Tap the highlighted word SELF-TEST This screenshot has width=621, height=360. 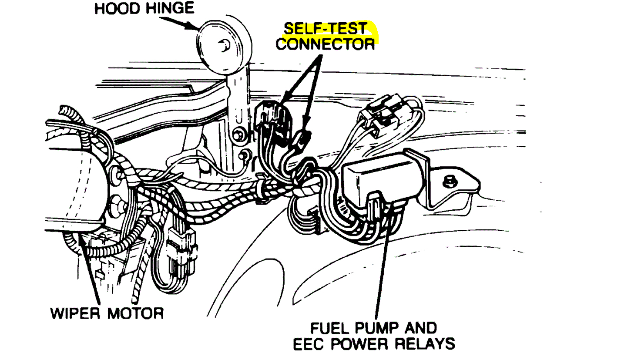click(x=325, y=29)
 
